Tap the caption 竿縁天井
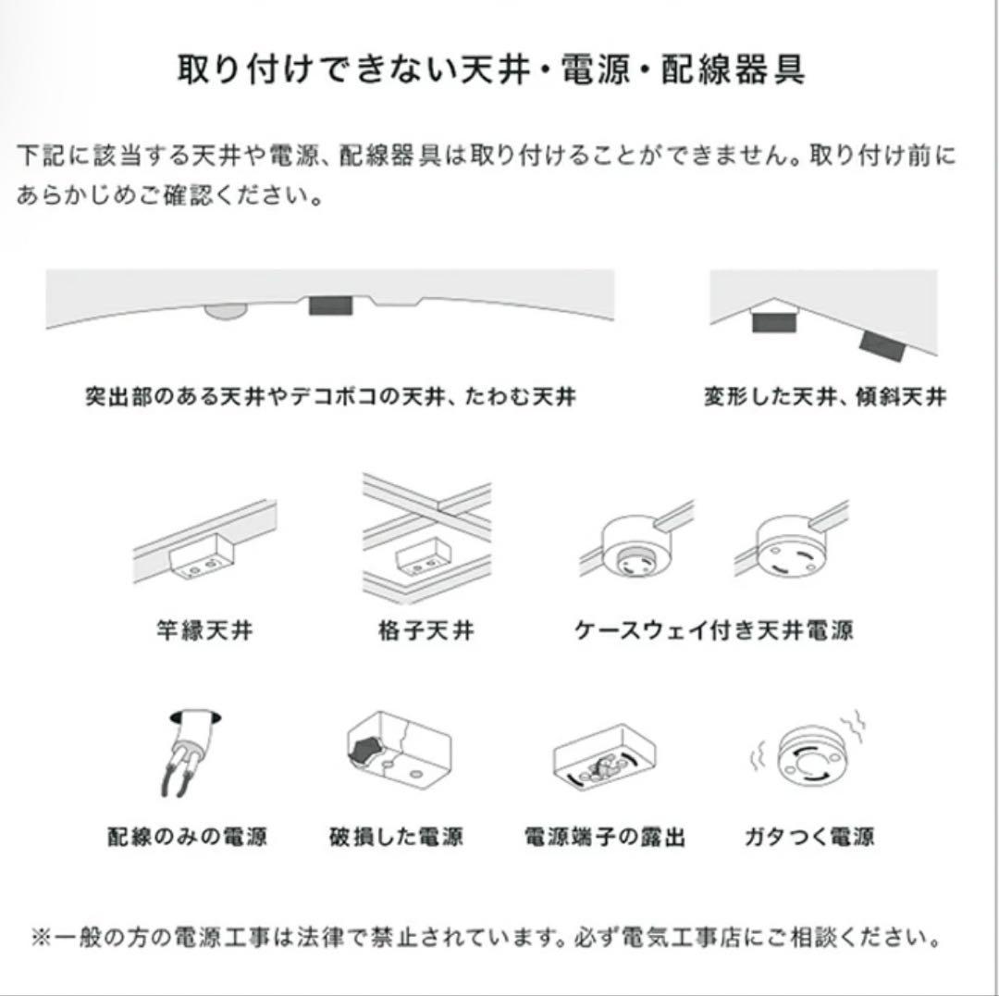point(204,632)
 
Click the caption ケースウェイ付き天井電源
point(713,632)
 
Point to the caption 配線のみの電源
point(187,838)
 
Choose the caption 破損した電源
point(396,838)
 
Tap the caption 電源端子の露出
point(605,838)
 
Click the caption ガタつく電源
point(809,838)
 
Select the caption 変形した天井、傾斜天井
point(824,397)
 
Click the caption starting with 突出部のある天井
point(329,397)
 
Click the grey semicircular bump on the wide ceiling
point(222,312)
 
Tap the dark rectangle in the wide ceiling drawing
point(330,307)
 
